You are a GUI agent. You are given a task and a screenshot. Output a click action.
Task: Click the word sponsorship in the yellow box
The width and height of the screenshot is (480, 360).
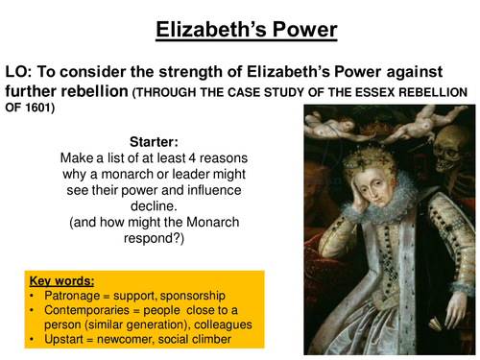click(201, 298)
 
